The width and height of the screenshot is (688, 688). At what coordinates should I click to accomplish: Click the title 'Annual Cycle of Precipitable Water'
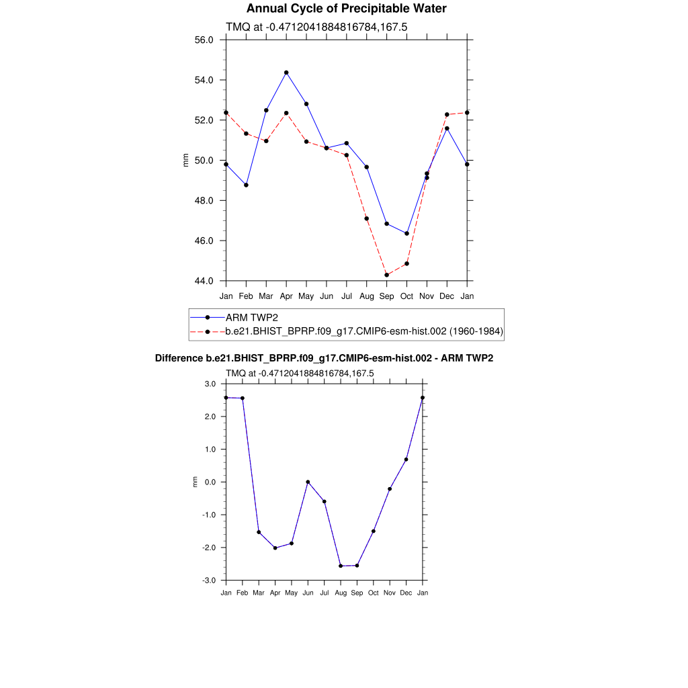coord(346,9)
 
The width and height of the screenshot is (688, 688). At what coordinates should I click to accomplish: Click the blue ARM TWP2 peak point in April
coord(286,73)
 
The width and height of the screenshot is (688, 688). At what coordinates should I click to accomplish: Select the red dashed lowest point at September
coord(387,275)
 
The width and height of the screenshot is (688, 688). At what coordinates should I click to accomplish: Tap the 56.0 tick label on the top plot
coord(204,40)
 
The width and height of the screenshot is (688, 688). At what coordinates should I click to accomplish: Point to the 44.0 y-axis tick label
coord(204,281)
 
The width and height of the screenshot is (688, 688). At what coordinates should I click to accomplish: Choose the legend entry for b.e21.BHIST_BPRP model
coord(364,331)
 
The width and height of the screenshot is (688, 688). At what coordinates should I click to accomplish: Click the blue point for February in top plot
coord(246,185)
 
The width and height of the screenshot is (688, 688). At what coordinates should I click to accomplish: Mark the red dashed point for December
coord(447,115)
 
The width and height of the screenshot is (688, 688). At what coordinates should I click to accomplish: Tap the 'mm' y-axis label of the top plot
coord(186,160)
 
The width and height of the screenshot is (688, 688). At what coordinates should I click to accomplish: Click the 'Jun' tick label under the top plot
coord(327,296)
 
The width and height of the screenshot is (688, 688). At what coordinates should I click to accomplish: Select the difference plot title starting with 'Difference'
coord(324,358)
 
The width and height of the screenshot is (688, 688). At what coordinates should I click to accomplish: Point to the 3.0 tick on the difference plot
coord(210,384)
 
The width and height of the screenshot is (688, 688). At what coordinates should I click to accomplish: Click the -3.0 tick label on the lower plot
coord(209,580)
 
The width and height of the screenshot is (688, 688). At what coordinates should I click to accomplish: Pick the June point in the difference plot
coord(308,482)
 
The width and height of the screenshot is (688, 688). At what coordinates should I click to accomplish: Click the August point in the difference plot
coord(341,566)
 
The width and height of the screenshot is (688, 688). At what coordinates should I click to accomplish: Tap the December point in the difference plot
coord(406,460)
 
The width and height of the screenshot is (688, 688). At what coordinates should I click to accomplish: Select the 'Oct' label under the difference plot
coord(373,593)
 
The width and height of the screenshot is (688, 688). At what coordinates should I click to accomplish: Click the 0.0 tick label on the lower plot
coord(210,482)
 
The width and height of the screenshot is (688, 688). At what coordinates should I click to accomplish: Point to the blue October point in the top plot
coord(406,234)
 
